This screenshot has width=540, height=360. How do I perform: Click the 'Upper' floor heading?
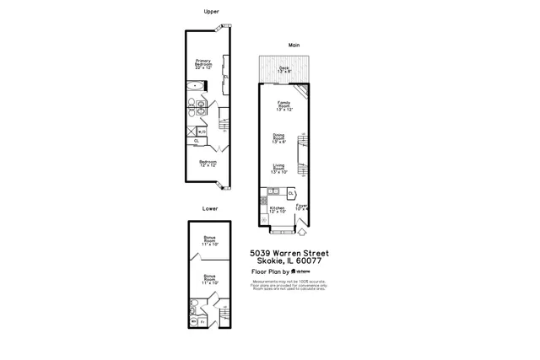(x=210, y=12)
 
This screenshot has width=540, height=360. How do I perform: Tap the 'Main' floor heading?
(x=294, y=45)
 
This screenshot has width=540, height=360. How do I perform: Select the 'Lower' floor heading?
(x=210, y=208)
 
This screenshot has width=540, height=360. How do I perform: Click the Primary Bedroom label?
(x=203, y=62)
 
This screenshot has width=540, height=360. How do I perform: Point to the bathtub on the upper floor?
(x=195, y=85)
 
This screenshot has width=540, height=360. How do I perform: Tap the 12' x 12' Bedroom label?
(x=208, y=163)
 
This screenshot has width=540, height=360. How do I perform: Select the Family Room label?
(x=283, y=107)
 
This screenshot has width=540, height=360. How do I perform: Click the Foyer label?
(x=301, y=207)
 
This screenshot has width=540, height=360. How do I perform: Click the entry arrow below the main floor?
(x=303, y=230)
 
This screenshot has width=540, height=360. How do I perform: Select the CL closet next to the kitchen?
(x=290, y=194)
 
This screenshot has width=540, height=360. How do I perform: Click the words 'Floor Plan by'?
(x=271, y=272)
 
